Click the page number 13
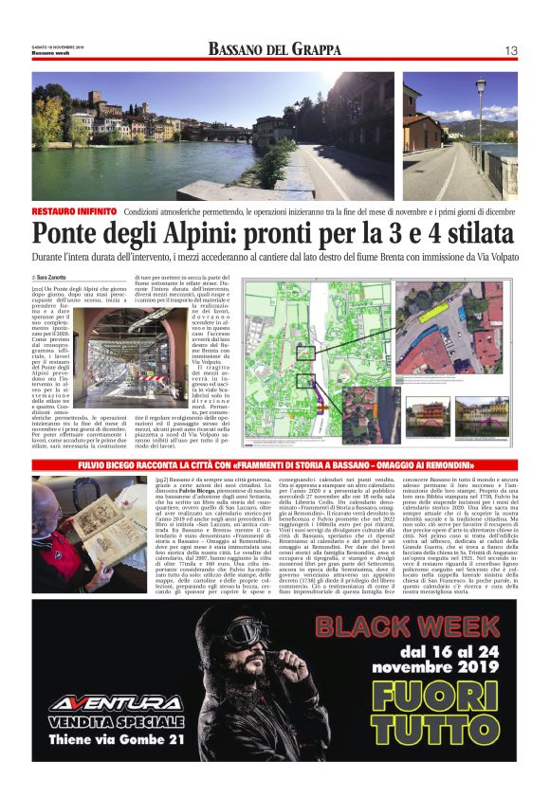pyautogui.click(x=510, y=50)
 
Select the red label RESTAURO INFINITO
pyautogui.click(x=74, y=211)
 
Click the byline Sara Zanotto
pyautogui.click(x=55, y=276)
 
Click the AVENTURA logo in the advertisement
pyautogui.click(x=117, y=703)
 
